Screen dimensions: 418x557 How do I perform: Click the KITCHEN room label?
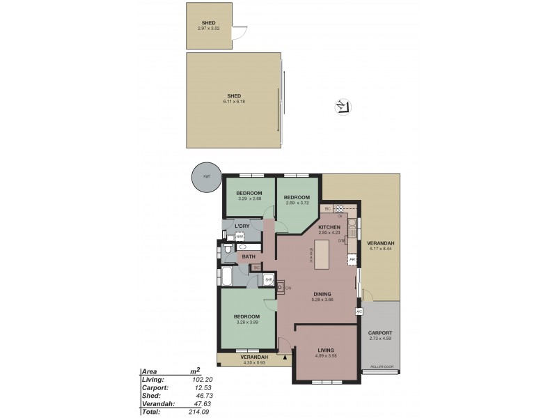point(329,228)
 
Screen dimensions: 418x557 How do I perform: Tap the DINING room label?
point(322,293)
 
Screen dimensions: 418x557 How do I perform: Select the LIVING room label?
point(326,350)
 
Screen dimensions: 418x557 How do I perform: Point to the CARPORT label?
point(380,332)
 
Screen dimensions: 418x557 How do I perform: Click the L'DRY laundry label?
point(242,227)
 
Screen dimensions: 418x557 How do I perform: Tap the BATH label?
point(248,257)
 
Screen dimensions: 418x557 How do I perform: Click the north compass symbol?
point(342,106)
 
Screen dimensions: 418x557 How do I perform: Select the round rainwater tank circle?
point(205,177)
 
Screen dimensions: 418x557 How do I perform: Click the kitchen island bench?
point(322,255)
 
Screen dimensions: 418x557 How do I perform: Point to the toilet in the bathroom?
point(228,249)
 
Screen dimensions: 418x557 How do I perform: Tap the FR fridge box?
point(352,260)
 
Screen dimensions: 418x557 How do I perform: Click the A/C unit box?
point(359,311)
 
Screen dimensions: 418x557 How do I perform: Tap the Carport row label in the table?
point(153,387)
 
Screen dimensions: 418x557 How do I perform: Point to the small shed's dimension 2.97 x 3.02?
point(210,27)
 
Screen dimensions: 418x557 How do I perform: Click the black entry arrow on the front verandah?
point(286,357)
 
